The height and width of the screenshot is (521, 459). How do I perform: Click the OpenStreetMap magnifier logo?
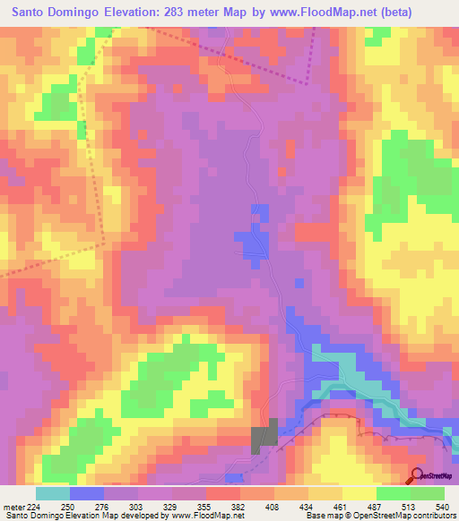click(x=418, y=475)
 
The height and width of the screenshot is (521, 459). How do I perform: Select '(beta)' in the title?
click(x=424, y=13)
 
